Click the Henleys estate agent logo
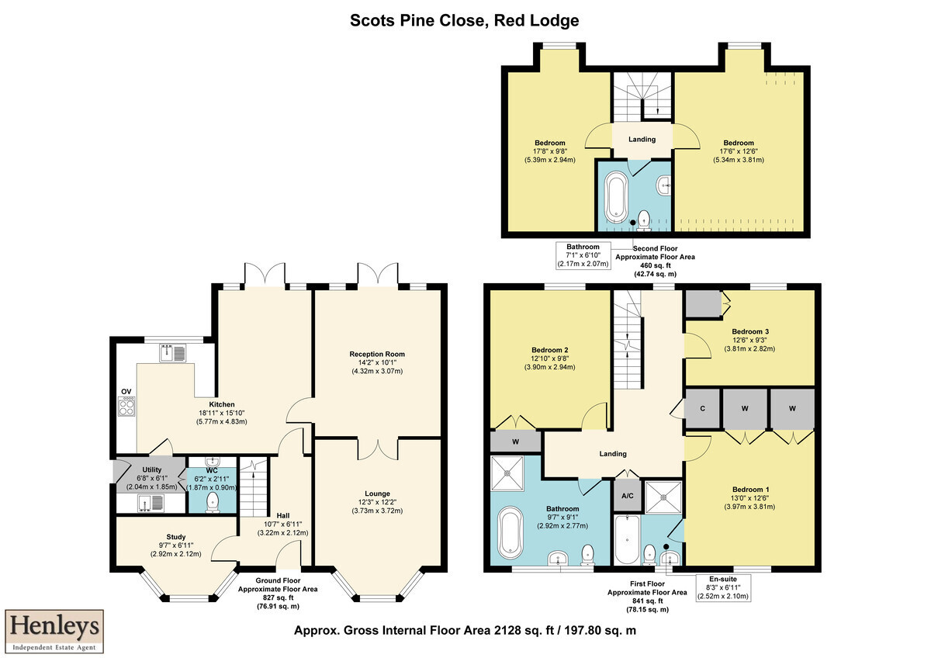pyautogui.click(x=54, y=631)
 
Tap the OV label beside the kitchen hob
pyautogui.click(x=126, y=392)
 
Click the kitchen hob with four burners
pyautogui.click(x=126, y=406)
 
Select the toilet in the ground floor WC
pyautogui.click(x=213, y=502)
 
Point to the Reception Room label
pyautogui.click(x=377, y=354)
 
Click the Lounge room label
pyautogui.click(x=377, y=493)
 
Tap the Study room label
pyautogui.click(x=176, y=537)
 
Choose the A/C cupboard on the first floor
pyautogui.click(x=627, y=496)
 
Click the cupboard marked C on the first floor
pyautogui.click(x=702, y=409)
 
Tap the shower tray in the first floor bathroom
pyautogui.click(x=507, y=473)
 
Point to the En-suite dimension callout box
pyautogui.click(x=723, y=587)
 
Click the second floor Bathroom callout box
pyautogui.click(x=583, y=255)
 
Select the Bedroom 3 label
pyautogui.click(x=750, y=331)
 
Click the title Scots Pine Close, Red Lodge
pyautogui.click(x=464, y=20)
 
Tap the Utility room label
pyautogui.click(x=152, y=469)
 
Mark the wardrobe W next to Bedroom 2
pyautogui.click(x=515, y=442)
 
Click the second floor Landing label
pyautogui.click(x=642, y=139)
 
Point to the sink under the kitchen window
pyautogui.click(x=173, y=353)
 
